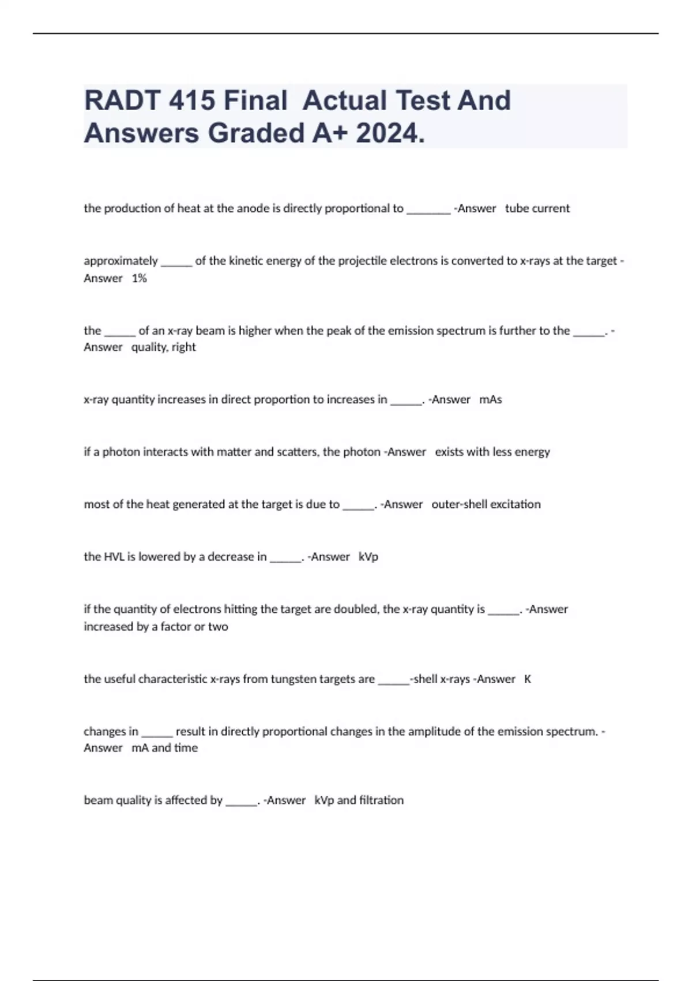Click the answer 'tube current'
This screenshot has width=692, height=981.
coord(537,208)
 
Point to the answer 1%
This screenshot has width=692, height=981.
coord(139,278)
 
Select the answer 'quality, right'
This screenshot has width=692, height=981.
coord(163,347)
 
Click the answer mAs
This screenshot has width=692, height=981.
coord(490,399)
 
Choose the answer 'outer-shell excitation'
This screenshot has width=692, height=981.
coord(486,504)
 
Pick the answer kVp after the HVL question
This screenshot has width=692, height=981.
coord(368,557)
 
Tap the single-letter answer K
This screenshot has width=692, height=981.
coord(527,679)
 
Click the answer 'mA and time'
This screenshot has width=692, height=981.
coord(164,748)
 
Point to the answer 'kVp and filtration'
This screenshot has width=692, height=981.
coord(359,800)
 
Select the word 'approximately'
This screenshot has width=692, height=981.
coord(121,261)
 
